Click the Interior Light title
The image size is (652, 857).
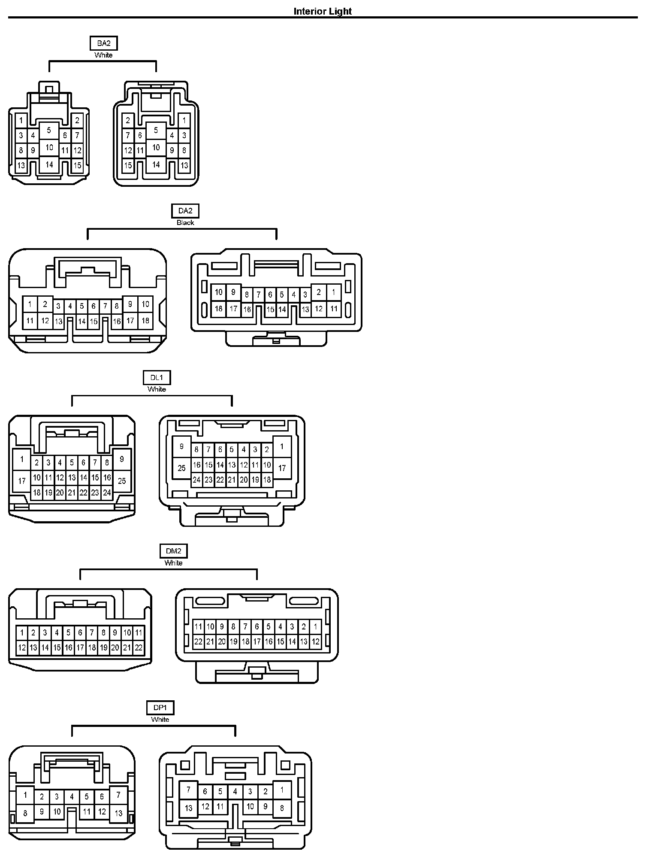click(323, 12)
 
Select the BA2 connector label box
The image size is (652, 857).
click(103, 43)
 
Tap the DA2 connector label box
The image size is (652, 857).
click(185, 211)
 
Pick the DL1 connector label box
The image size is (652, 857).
click(157, 378)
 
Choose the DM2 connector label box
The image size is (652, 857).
click(173, 551)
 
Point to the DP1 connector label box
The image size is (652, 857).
click(160, 708)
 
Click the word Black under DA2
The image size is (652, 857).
click(185, 222)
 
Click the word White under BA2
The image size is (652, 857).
click(103, 55)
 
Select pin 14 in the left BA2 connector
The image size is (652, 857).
click(49, 164)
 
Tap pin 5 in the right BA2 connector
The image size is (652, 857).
click(156, 130)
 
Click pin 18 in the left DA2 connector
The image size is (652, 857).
click(145, 320)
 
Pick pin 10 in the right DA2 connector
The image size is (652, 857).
click(219, 292)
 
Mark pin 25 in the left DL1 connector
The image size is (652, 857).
click(122, 480)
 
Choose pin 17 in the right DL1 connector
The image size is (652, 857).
click(282, 468)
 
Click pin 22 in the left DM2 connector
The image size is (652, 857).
click(139, 648)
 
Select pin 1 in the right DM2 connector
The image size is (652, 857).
click(315, 626)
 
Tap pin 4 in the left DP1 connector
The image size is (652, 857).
click(72, 797)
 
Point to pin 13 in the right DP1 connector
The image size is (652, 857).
click(188, 808)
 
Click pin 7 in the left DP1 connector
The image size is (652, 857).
click(118, 795)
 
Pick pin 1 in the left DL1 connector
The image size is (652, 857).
click(22, 459)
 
